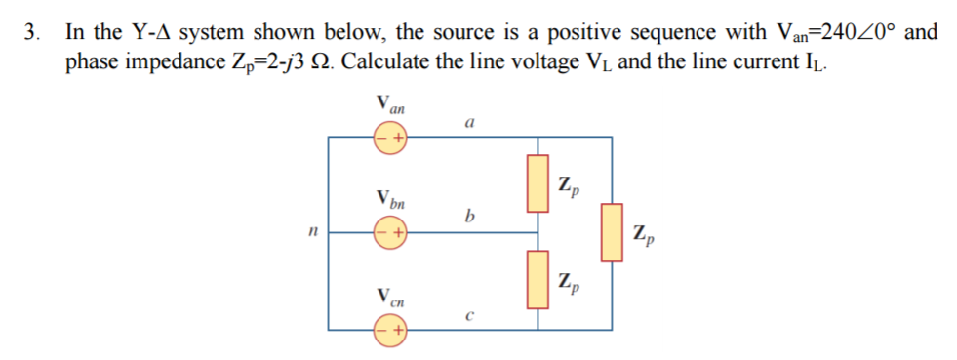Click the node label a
pos(470,124)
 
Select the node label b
pos(470,216)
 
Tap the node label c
pos(469,314)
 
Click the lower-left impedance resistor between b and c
pos(537,278)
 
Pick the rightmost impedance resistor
pos(611,232)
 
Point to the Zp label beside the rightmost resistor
pos(645,234)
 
